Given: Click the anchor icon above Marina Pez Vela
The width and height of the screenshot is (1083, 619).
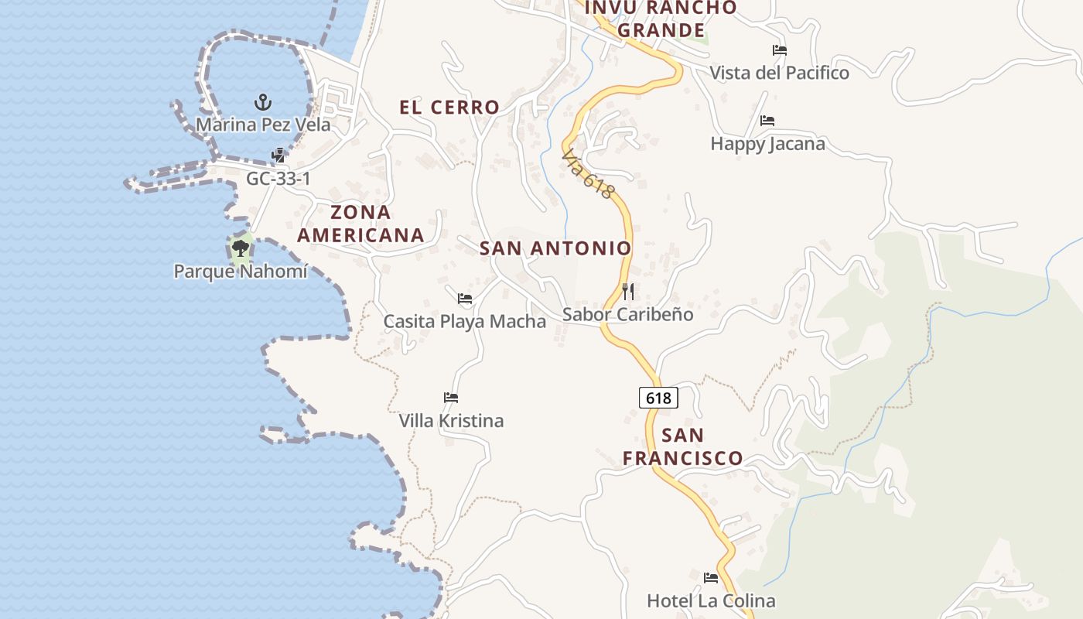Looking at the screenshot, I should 263,102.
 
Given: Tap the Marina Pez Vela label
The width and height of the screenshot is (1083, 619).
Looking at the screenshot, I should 263,125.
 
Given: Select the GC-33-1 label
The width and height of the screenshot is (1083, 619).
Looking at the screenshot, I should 278,179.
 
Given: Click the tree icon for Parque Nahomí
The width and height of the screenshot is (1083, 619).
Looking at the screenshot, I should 241,248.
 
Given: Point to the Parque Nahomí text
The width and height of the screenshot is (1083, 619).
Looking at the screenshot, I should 241,272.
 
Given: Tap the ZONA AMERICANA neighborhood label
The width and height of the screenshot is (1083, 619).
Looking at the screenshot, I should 361,224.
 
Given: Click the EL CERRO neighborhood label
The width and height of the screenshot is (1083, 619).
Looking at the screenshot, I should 449,108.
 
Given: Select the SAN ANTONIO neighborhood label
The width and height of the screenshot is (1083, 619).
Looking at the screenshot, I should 555,248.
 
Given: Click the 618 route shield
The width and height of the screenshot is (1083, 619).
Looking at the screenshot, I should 658,398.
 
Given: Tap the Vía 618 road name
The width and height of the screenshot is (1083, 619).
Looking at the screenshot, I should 589,175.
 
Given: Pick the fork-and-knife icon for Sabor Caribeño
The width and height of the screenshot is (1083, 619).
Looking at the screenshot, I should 628,292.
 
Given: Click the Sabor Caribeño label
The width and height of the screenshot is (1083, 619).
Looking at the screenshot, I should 628,315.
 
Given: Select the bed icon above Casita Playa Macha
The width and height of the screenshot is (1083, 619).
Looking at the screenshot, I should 465,298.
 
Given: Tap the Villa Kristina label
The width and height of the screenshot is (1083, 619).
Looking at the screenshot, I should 451,421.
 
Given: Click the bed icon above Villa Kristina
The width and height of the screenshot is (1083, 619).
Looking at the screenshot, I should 451,398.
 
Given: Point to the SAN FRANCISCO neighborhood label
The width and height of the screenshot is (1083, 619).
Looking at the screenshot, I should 683,446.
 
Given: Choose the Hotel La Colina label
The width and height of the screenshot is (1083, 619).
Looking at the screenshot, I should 711,600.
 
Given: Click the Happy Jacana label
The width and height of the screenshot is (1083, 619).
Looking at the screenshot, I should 767,144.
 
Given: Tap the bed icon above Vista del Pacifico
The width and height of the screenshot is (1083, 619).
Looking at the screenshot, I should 780,50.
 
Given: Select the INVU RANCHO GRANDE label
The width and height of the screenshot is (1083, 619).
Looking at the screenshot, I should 661,19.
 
